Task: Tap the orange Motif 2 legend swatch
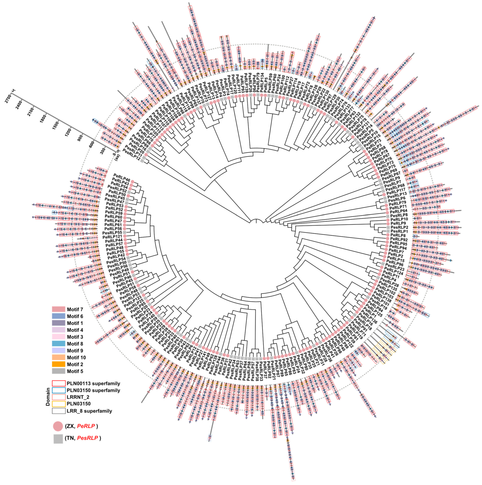point(58,364)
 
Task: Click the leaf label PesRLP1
point(399,231)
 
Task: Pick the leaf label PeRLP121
point(112,237)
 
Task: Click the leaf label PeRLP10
point(399,219)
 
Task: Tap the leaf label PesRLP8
point(399,215)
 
